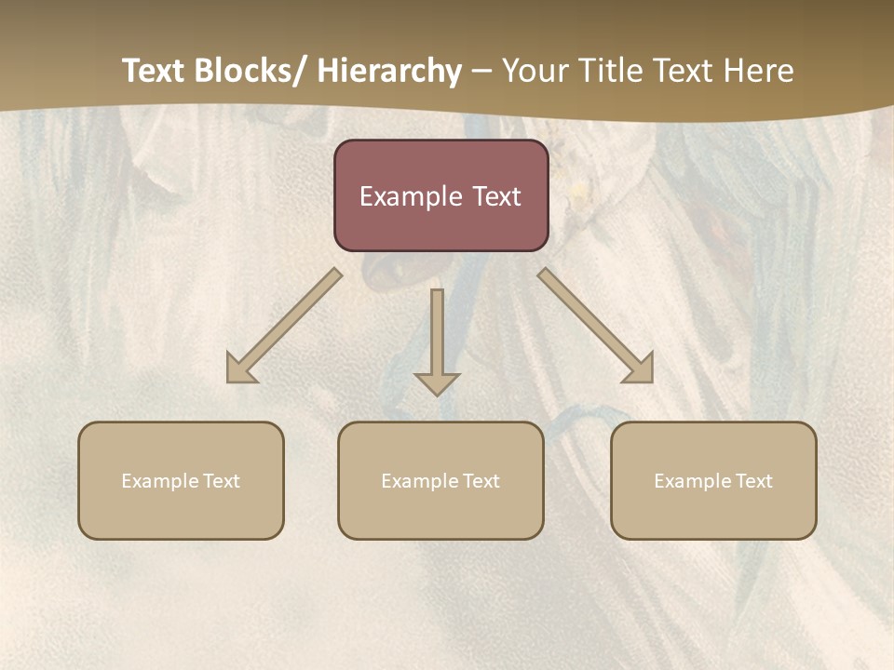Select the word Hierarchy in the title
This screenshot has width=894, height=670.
(x=389, y=71)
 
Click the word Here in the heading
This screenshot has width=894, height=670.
(x=758, y=71)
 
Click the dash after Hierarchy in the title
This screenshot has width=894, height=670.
(x=481, y=71)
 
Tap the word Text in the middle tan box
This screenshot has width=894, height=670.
(x=481, y=481)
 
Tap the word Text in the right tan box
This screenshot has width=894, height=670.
(x=753, y=481)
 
